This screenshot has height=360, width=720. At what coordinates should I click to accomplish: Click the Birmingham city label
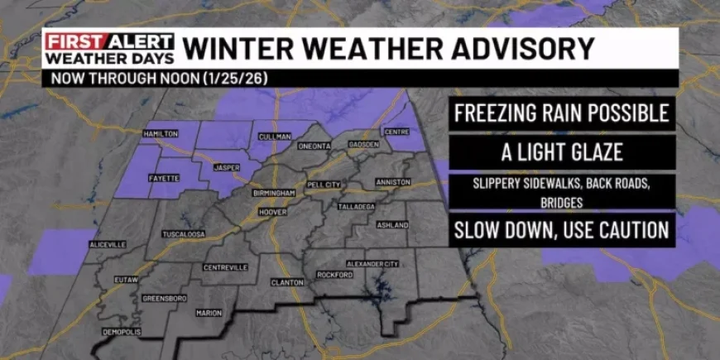pos(274,193)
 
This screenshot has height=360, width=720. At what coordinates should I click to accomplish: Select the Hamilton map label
pos(160,134)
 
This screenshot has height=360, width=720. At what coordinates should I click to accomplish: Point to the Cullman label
pos(274,136)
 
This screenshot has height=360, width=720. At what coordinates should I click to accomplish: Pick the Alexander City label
pos(372,263)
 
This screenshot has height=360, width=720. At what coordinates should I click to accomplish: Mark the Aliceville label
pos(108,245)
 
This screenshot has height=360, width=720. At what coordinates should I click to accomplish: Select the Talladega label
pos(357,206)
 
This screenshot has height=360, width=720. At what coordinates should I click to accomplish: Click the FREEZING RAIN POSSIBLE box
pos(561,113)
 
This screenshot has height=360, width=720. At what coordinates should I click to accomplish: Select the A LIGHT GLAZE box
pos(561,151)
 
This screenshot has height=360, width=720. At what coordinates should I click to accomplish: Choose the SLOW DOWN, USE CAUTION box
pos(561,229)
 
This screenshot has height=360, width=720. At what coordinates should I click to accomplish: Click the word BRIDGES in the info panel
pos(561,202)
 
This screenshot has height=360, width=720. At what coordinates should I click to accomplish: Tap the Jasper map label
pos(226,167)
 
